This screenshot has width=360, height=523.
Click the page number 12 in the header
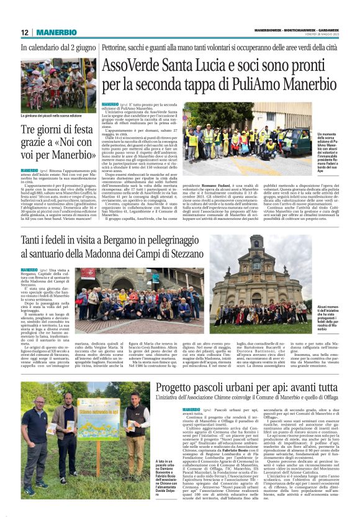pyautogui.click(x=25, y=32)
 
